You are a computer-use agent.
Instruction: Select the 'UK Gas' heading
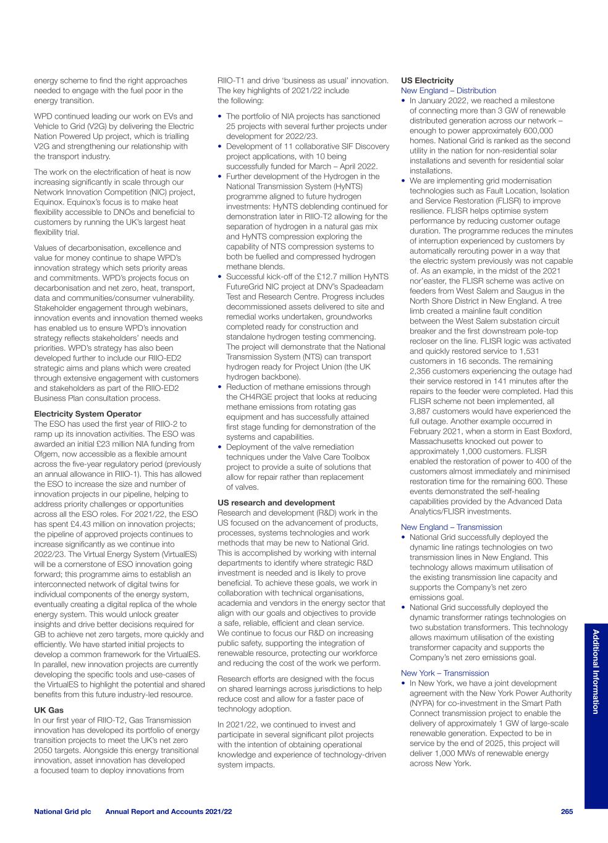[49, 710]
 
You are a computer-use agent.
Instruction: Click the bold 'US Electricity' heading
[427, 80]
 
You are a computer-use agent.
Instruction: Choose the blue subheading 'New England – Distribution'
[449, 91]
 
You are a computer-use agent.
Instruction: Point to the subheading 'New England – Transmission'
[452, 527]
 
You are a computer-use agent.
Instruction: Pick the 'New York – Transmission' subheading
[445, 673]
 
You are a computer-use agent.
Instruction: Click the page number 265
[567, 812]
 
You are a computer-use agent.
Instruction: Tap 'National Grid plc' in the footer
[62, 812]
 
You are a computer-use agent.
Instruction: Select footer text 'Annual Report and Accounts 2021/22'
[169, 812]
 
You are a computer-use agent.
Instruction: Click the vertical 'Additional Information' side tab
[596, 671]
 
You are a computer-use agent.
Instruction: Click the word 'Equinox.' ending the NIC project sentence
[50, 202]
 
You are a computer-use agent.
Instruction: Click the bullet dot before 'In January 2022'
[404, 101]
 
